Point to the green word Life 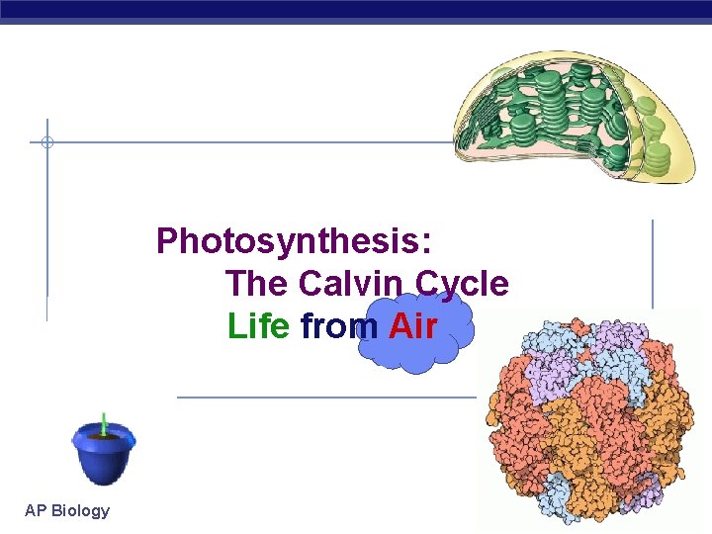258,325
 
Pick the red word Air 413,325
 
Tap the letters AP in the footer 35,510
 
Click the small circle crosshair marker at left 46,142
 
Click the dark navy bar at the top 356,9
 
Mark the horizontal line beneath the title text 326,398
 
